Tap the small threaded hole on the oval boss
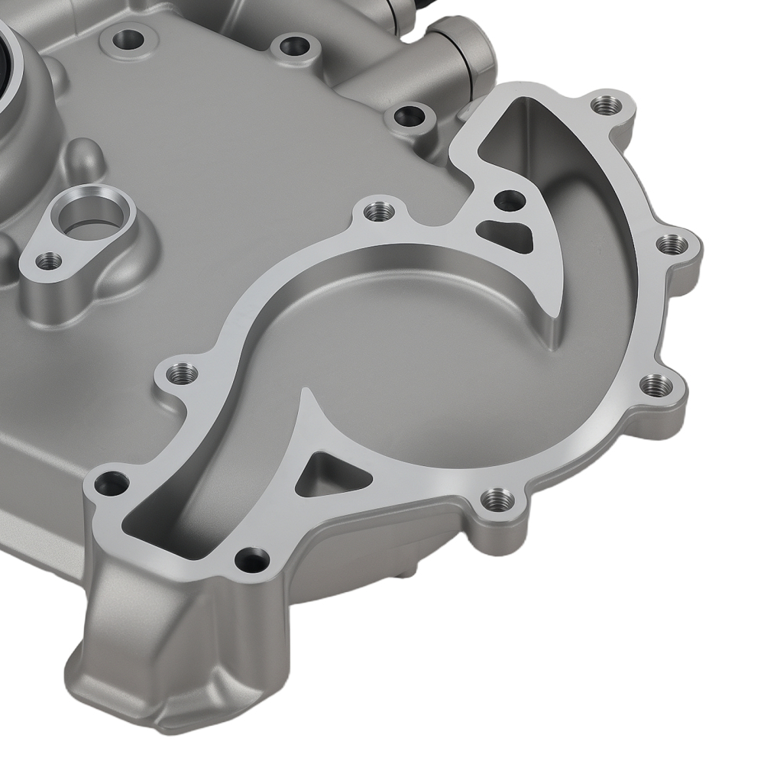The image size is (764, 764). click(49, 261)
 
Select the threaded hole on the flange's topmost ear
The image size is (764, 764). click(607, 105)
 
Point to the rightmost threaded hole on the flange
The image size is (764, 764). click(672, 244)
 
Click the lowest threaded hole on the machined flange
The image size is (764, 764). click(497, 500)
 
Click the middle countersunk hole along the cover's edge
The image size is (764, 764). click(292, 46)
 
